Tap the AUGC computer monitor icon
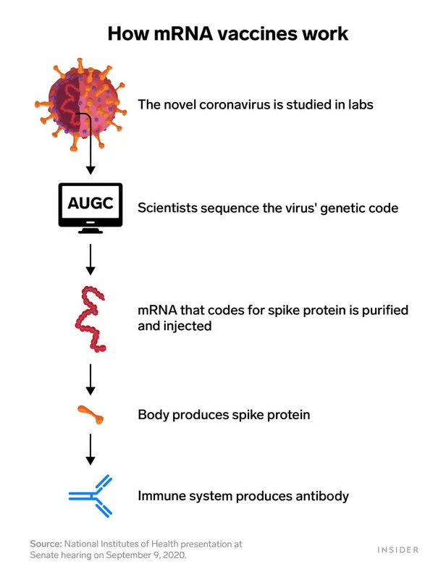[x=91, y=207]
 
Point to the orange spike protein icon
[x=91, y=415]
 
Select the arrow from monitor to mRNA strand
[x=91, y=259]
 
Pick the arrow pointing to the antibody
[x=91, y=449]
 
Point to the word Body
[x=153, y=415]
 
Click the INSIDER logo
[x=398, y=549]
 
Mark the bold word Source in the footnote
[x=46, y=543]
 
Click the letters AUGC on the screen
[x=91, y=202]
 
